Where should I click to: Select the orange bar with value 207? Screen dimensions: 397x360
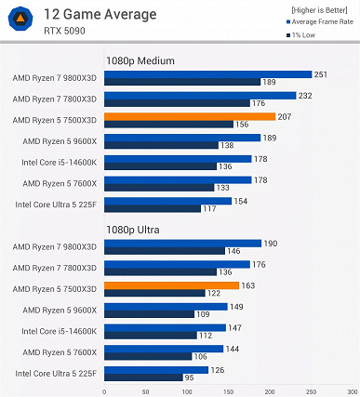190,117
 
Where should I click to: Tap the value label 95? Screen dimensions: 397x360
190,377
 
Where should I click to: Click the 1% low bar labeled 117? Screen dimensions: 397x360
152,208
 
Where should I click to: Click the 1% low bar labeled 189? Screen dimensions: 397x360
181,82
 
